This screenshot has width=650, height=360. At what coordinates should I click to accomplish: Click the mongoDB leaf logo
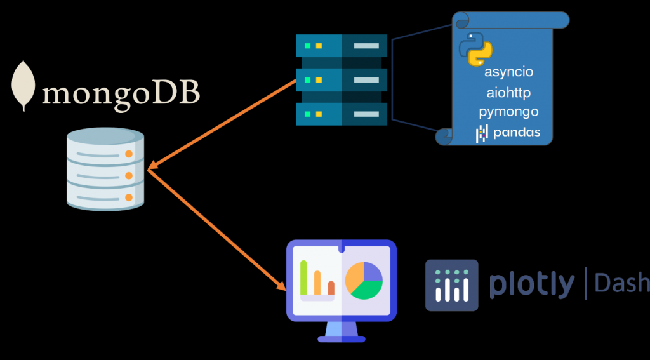click(24, 85)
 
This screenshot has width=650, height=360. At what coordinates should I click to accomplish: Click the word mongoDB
click(121, 93)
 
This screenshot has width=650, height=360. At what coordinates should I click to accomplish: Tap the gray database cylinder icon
click(105, 168)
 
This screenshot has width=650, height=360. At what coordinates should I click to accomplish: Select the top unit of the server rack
click(342, 46)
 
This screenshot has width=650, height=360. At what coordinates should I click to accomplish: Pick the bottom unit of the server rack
click(342, 114)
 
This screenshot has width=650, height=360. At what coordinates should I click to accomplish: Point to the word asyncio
click(509, 72)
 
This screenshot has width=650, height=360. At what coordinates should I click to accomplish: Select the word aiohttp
click(508, 93)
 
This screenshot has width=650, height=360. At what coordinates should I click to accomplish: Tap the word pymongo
click(508, 112)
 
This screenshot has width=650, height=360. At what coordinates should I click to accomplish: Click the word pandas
click(516, 133)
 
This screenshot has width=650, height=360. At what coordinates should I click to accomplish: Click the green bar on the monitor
click(304, 277)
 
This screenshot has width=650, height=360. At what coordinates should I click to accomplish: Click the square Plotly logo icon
click(451, 285)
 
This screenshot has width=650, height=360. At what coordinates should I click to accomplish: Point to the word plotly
click(532, 285)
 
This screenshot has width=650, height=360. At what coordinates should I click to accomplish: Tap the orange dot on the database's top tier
click(129, 154)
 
